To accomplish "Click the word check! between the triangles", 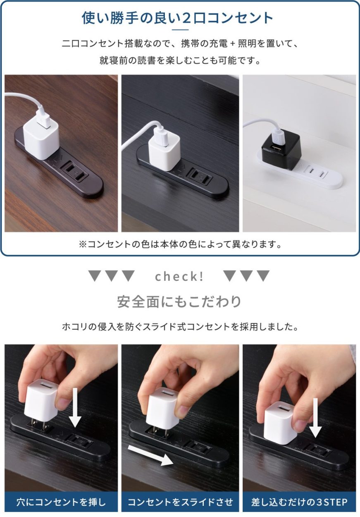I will point(179,277).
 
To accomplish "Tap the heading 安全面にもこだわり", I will point(179,302).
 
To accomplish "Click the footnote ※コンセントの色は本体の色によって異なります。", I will point(180,244).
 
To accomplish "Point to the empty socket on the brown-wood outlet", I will point(74,170).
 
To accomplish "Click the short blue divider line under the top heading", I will point(180,30).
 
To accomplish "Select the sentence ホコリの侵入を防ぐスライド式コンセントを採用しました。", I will point(180,327).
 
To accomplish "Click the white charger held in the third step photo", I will point(280,422).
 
